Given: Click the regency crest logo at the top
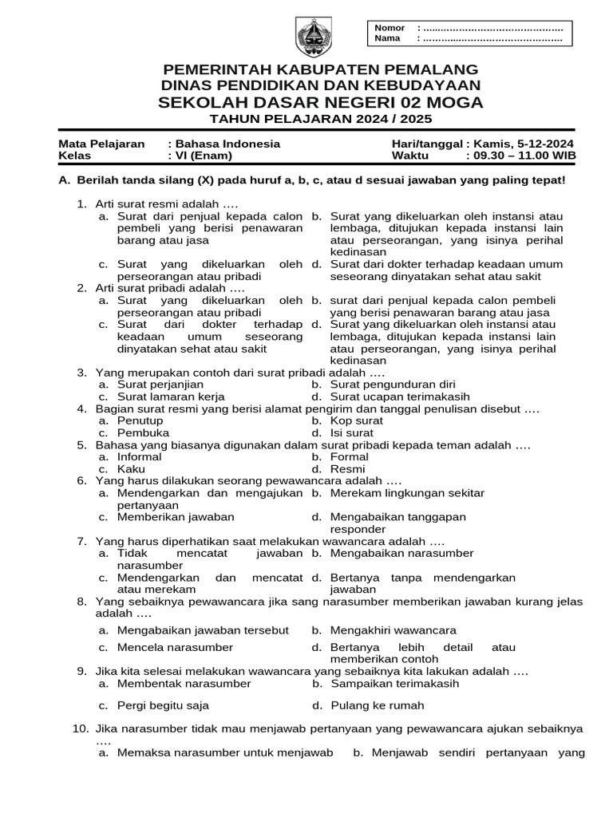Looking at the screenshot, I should click(309, 36).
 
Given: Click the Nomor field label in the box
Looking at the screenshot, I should click(390, 28).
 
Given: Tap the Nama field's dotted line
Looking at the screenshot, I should click(492, 38).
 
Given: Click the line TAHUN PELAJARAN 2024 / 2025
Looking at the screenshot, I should click(320, 119).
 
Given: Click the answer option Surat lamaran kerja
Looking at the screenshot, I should click(171, 397).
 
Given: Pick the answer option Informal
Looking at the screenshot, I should click(140, 457).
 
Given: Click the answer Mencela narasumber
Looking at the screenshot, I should click(175, 647).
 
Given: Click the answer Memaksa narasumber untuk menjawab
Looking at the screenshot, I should click(224, 752).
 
